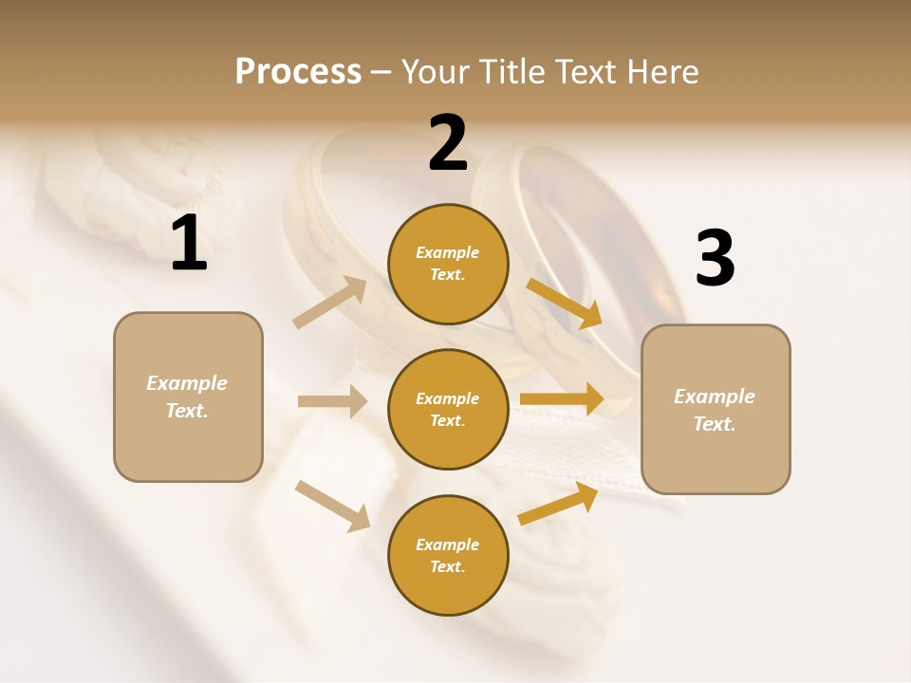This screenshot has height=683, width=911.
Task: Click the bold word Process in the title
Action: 298,72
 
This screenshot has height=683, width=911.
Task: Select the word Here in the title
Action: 662,72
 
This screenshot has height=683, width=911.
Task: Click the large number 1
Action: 189,244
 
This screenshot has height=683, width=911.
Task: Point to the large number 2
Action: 448,143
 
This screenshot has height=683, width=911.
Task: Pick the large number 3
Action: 715,259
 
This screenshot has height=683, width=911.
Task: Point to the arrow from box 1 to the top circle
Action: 329,303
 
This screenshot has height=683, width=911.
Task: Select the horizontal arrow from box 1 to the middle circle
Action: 332,401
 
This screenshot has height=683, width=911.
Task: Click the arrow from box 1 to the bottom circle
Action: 332,505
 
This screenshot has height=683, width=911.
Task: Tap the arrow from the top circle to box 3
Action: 564,303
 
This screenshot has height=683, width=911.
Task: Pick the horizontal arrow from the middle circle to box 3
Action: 561,399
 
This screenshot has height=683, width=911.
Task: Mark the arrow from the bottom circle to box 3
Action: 558,504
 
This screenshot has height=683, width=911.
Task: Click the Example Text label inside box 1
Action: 187,397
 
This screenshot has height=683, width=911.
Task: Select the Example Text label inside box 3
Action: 715,410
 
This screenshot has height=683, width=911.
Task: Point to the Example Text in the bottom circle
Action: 448,555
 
